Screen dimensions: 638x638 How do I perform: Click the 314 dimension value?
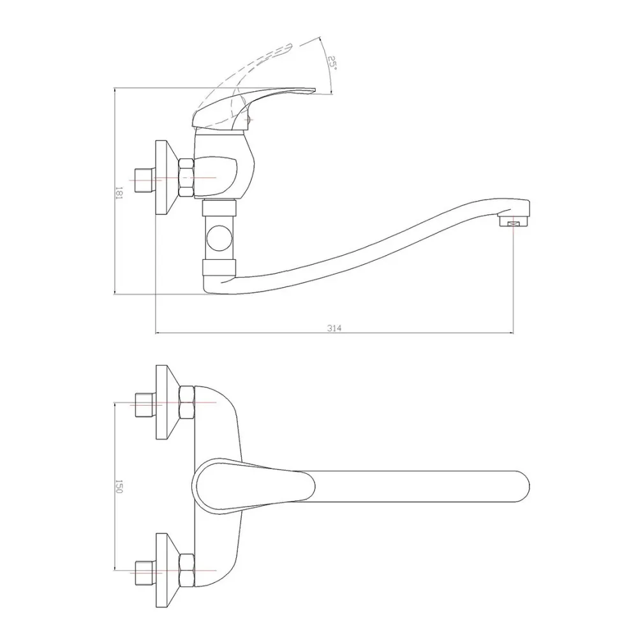[334, 328]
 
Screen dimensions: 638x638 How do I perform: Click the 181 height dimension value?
[119, 193]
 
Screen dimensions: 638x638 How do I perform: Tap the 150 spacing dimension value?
[119, 487]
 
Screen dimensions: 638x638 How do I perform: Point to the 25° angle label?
[332, 63]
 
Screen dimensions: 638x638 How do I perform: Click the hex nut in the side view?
[186, 178]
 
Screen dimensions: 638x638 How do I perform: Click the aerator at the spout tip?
[514, 222]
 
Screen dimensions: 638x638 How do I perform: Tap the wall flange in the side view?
[167, 178]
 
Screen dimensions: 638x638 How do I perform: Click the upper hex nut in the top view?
[186, 403]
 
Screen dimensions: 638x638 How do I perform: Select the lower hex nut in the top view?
[186, 570]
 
